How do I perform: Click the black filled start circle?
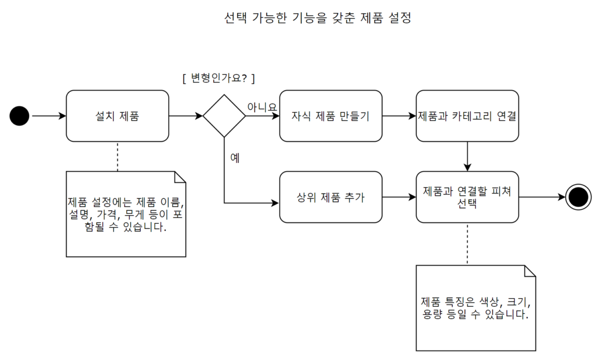(19, 116)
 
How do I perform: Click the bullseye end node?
(578, 197)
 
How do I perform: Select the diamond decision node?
(224, 116)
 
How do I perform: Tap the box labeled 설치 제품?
(117, 116)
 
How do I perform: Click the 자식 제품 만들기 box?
(331, 116)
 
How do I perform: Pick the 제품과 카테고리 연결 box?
(467, 116)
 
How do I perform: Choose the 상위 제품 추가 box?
(331, 197)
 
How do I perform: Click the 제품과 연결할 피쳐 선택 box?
(467, 197)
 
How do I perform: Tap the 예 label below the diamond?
(235, 158)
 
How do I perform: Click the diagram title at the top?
(318, 18)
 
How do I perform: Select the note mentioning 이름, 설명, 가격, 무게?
(126, 214)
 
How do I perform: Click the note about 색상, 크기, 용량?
(475, 308)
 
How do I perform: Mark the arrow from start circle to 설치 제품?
(48, 116)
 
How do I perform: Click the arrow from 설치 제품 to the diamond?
(186, 116)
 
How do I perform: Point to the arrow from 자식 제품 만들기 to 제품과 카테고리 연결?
(399, 116)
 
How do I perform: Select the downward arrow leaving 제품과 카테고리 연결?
(467, 156)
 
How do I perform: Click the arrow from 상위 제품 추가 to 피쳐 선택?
(399, 197)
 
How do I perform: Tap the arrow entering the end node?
(542, 197)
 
